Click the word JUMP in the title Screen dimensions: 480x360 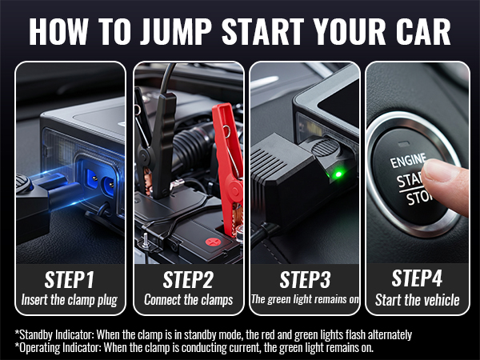click(176, 31)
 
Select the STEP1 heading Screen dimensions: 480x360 click(70, 279)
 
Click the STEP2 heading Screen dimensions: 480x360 click(188, 279)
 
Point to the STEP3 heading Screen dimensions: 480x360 click(306, 279)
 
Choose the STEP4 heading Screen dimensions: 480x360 click(417, 278)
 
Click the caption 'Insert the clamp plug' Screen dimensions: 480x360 click(70, 300)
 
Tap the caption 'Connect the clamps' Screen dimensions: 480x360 click(189, 300)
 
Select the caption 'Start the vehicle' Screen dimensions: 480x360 click(418, 300)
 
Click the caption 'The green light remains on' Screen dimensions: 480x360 click(305, 299)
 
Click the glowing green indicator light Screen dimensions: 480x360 click(338, 174)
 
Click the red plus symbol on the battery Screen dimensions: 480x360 click(213, 242)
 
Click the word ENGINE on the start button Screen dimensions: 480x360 click(408, 161)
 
